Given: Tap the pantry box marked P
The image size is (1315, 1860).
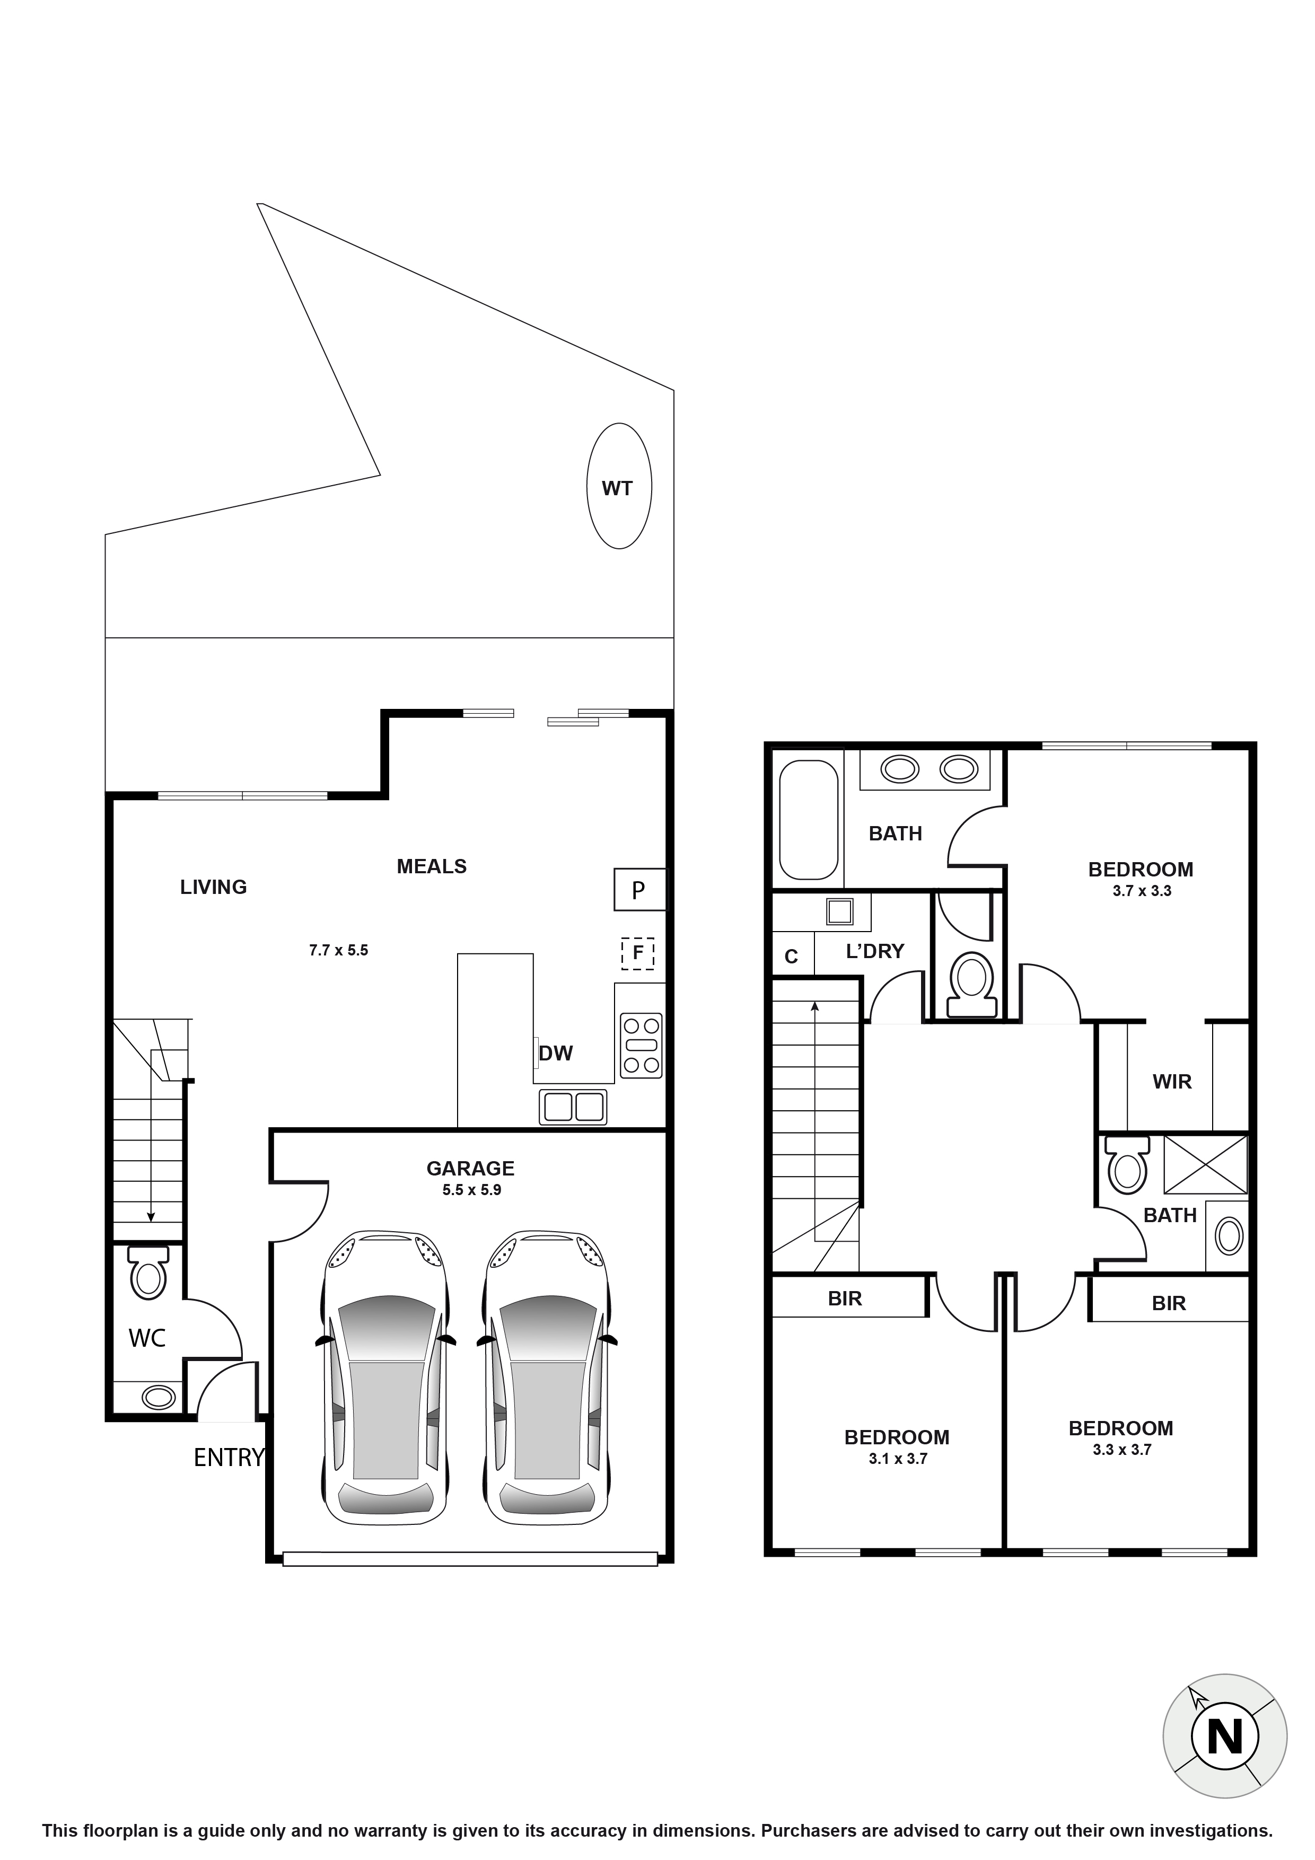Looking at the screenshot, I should click(639, 890).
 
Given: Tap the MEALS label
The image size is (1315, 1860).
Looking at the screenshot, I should click(431, 867).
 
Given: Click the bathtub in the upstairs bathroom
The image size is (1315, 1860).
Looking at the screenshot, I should click(808, 819).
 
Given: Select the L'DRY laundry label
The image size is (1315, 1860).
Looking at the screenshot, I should click(874, 951).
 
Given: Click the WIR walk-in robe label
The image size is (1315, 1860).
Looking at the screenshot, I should click(1172, 1082).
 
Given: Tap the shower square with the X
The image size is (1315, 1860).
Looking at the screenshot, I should click(1206, 1164).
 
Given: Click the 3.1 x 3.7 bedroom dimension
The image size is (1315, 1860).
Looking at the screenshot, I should click(897, 1459).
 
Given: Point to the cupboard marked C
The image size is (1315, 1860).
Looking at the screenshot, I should click(792, 957).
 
